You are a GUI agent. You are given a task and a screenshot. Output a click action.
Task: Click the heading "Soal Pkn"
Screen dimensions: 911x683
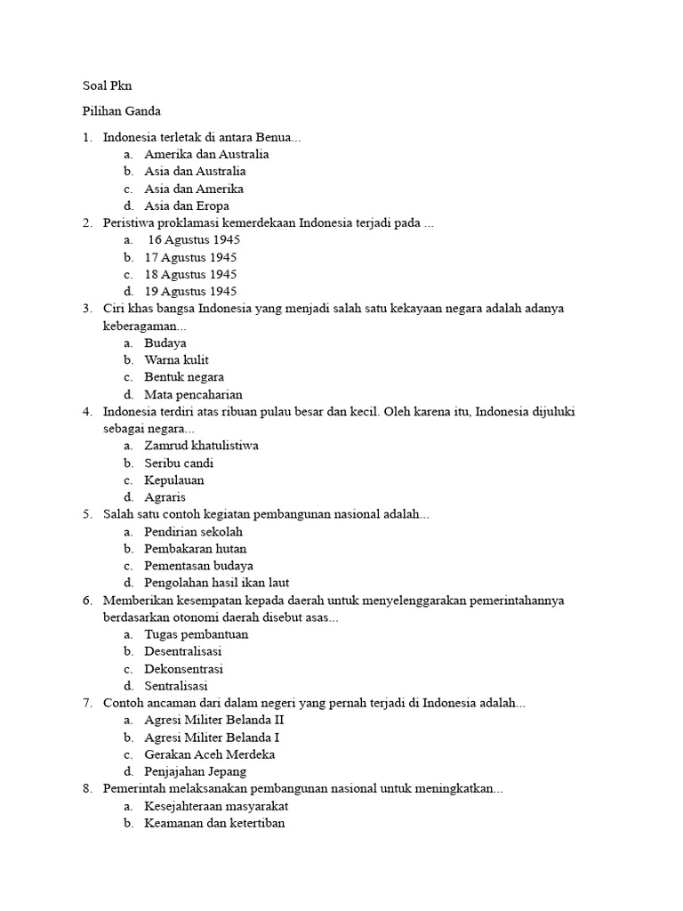(x=107, y=85)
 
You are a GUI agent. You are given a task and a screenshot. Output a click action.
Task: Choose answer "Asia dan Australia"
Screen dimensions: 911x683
(x=195, y=171)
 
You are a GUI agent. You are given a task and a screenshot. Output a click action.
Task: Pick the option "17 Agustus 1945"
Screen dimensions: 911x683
(x=190, y=257)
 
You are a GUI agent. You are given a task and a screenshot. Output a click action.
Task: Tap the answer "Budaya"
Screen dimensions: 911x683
(x=165, y=343)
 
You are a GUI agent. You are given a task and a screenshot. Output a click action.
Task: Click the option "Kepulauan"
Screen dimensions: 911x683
(x=174, y=480)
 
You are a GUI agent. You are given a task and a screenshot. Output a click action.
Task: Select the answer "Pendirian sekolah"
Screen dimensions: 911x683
(x=193, y=531)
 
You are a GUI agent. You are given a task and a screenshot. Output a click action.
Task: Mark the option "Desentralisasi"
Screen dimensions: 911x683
(x=183, y=651)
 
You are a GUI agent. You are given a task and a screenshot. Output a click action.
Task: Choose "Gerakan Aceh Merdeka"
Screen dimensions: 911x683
(x=209, y=754)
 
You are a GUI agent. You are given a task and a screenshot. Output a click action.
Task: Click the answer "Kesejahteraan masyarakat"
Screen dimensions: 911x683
(x=216, y=806)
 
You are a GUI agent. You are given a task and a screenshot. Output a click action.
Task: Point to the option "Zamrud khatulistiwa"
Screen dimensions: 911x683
(x=201, y=446)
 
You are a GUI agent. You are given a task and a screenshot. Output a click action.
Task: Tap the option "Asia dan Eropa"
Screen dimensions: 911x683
(x=187, y=206)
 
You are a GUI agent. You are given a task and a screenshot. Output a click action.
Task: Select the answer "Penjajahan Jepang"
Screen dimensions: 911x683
(x=196, y=771)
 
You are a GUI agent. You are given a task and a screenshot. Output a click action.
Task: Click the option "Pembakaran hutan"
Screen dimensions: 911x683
(x=196, y=549)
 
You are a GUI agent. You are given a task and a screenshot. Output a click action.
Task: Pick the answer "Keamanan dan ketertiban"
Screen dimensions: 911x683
(x=214, y=823)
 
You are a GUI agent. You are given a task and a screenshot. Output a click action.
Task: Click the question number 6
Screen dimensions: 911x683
(x=87, y=601)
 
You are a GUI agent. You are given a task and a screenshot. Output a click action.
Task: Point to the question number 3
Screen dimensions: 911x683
(x=87, y=309)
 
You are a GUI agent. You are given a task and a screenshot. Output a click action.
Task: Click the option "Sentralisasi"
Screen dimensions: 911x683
(x=176, y=686)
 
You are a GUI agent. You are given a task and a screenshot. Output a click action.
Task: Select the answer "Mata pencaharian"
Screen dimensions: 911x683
(x=193, y=394)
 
